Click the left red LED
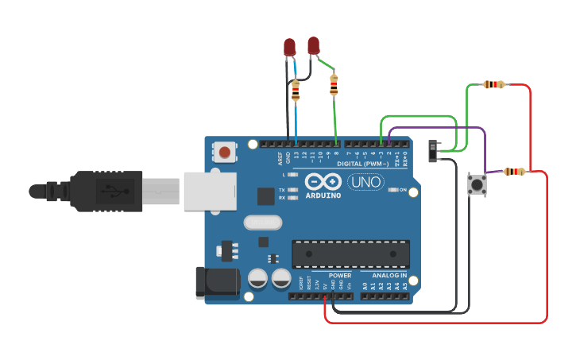290,47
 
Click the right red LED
314,45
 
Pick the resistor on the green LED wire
334,84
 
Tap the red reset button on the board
225,151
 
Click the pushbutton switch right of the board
477,185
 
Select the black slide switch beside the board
433,151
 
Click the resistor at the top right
494,84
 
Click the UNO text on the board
365,182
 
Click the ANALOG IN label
384,275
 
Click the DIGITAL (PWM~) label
363,163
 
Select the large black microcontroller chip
350,254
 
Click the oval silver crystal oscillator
263,223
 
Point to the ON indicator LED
392,190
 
